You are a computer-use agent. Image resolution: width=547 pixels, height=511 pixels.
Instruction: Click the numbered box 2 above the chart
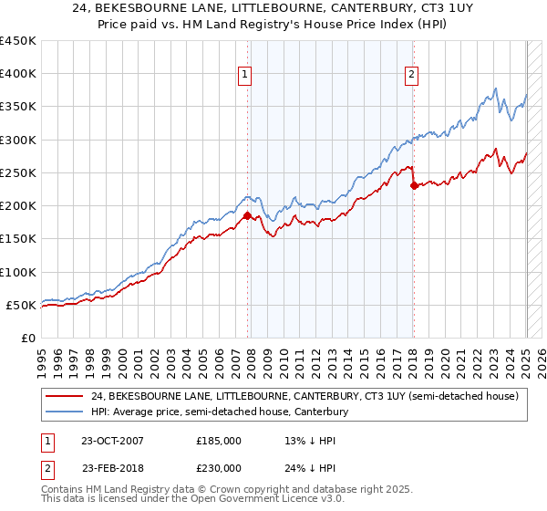point(412,76)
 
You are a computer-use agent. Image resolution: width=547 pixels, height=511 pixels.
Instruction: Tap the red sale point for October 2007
point(247,216)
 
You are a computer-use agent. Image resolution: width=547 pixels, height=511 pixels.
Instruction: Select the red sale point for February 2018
point(414,186)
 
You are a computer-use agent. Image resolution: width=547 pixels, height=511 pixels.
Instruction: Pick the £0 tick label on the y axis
point(28,338)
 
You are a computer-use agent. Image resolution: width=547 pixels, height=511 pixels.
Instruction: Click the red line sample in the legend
point(64,396)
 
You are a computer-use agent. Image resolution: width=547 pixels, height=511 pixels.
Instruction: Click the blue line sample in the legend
point(64,412)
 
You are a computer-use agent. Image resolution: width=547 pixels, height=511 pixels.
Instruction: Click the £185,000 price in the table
point(219,440)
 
